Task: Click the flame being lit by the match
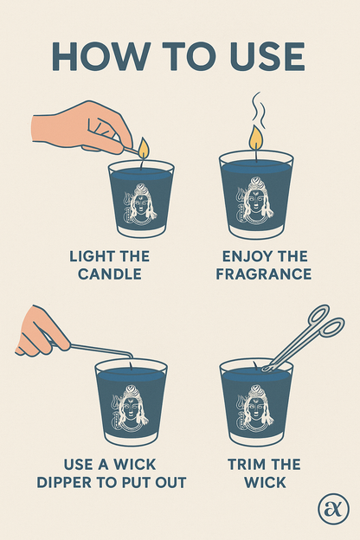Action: coord(144,148)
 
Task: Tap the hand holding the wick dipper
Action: coord(42,331)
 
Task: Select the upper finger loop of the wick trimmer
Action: coord(319,314)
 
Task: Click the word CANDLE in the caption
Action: coord(110,274)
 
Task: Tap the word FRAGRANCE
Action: coord(264,274)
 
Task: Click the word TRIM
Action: coord(247,465)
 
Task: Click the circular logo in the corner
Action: coord(333,509)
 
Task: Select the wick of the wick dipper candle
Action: coord(131,365)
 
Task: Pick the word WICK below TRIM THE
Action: coord(266,483)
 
